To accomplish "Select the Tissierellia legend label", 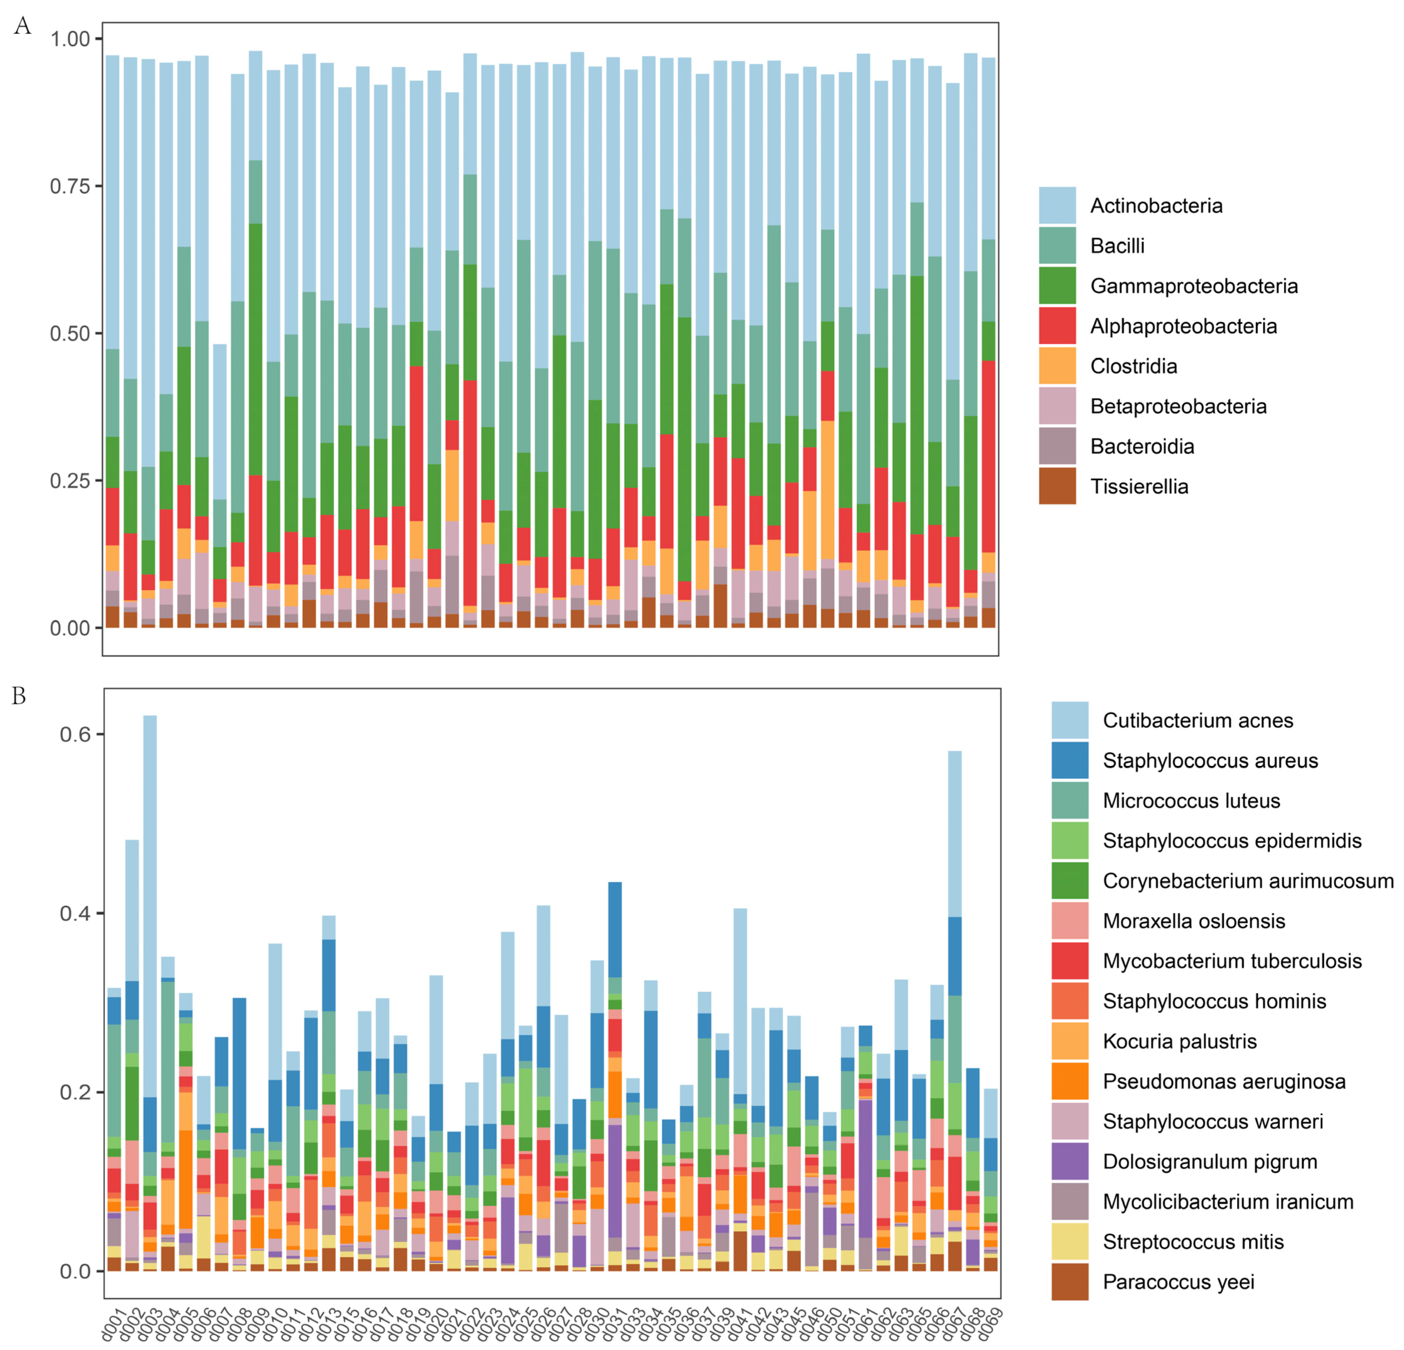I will click(1139, 487).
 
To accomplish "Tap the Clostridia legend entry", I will click(1133, 366).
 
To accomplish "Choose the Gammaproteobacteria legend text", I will click(1194, 286).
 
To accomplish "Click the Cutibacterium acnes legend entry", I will click(1198, 720).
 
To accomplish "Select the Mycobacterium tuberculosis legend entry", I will click(1232, 961).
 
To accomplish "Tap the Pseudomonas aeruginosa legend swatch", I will click(1069, 1081).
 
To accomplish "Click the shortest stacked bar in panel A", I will click(220, 487).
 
